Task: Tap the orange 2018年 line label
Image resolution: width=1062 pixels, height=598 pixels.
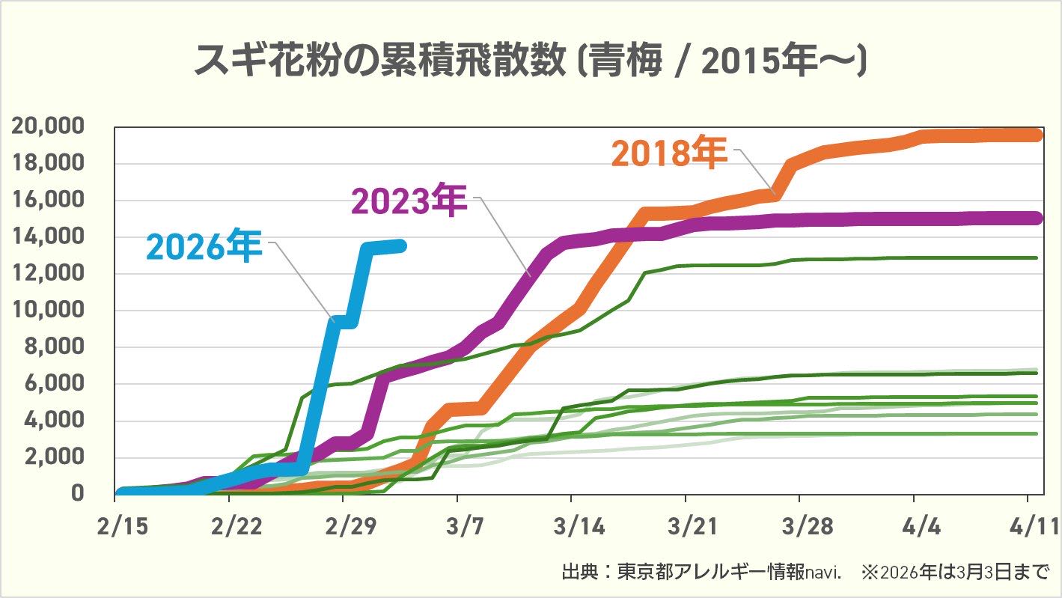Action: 668,153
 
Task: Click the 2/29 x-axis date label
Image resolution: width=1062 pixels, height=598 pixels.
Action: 344,526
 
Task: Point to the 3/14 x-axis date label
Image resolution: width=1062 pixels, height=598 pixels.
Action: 572,526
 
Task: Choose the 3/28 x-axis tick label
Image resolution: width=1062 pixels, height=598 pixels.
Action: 799,526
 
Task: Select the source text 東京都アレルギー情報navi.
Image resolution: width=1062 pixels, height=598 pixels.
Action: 730,574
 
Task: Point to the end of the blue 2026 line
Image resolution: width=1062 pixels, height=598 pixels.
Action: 401,245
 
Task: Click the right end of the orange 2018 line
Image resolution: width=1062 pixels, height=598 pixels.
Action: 1037,135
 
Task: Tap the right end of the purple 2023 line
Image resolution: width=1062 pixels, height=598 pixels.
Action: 1037,218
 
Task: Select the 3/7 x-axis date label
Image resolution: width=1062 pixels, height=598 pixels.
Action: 457,526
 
